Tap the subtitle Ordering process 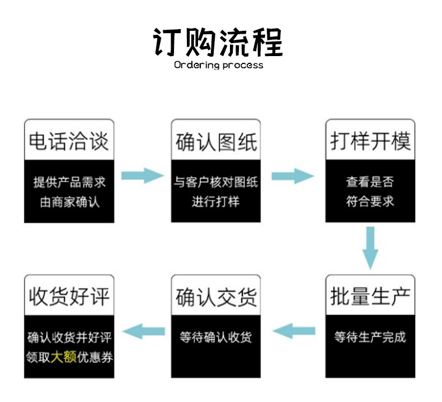[x=218, y=65]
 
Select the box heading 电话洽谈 [x=69, y=141]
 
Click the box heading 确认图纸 [x=216, y=141]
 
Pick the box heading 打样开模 [x=370, y=141]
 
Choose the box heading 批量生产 [x=370, y=297]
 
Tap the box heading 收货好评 [x=69, y=297]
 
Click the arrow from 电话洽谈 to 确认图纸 [x=142, y=175]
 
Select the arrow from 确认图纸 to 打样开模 [x=293, y=175]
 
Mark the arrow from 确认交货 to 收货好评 [x=144, y=332]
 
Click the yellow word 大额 [x=63, y=357]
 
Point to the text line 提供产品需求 [x=69, y=182]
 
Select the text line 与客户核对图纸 [x=216, y=182]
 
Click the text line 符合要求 [x=370, y=201]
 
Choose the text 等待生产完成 [x=370, y=337]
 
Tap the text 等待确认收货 [x=216, y=337]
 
